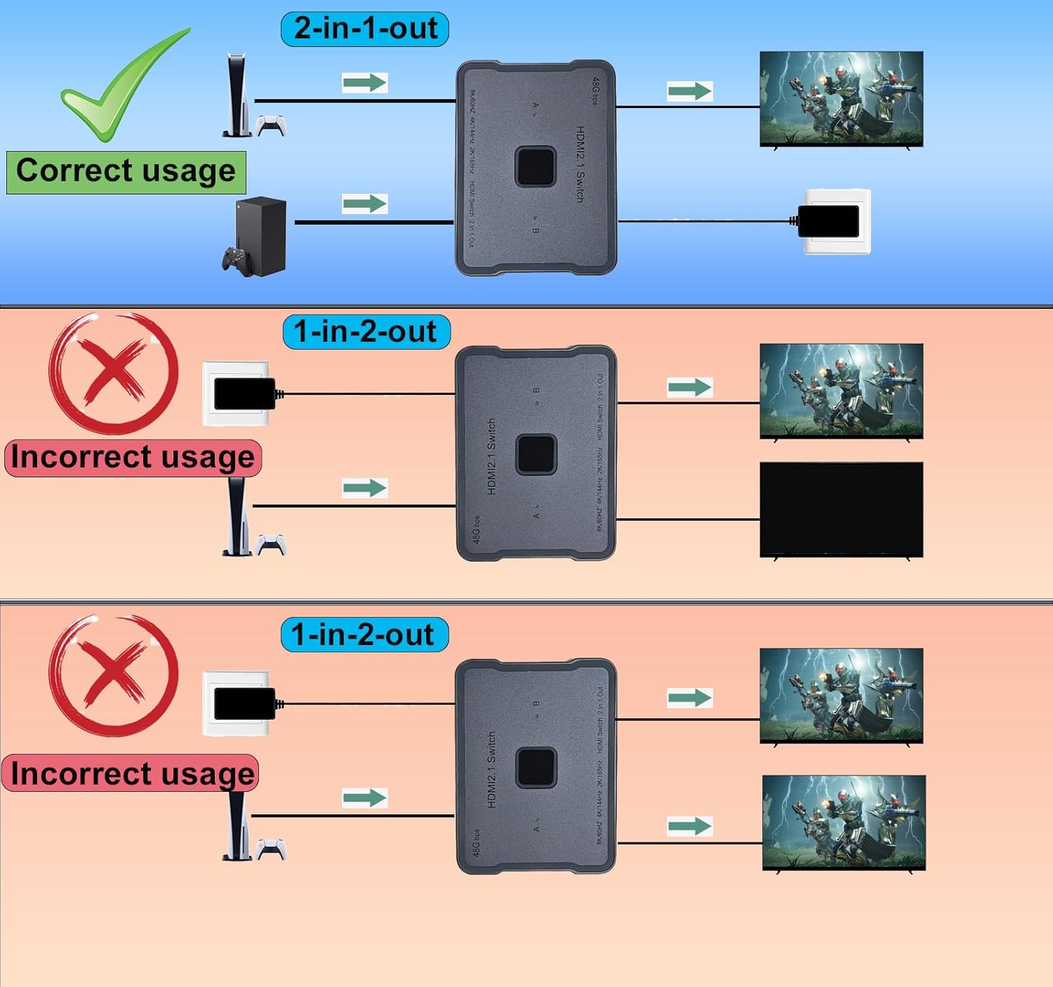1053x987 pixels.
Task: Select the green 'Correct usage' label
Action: click(126, 172)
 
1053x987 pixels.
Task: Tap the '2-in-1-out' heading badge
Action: click(365, 29)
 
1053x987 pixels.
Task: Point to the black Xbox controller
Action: click(237, 261)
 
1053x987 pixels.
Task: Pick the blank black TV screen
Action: click(841, 509)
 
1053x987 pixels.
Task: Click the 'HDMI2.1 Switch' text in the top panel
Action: click(580, 164)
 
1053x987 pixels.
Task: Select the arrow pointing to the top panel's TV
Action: click(689, 91)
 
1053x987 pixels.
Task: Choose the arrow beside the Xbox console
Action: click(364, 204)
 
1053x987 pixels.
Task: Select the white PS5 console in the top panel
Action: click(237, 95)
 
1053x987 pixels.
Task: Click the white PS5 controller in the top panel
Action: click(271, 125)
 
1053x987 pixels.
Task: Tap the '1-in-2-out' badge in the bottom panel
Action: click(364, 635)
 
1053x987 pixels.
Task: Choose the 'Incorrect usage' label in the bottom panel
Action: click(131, 774)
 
